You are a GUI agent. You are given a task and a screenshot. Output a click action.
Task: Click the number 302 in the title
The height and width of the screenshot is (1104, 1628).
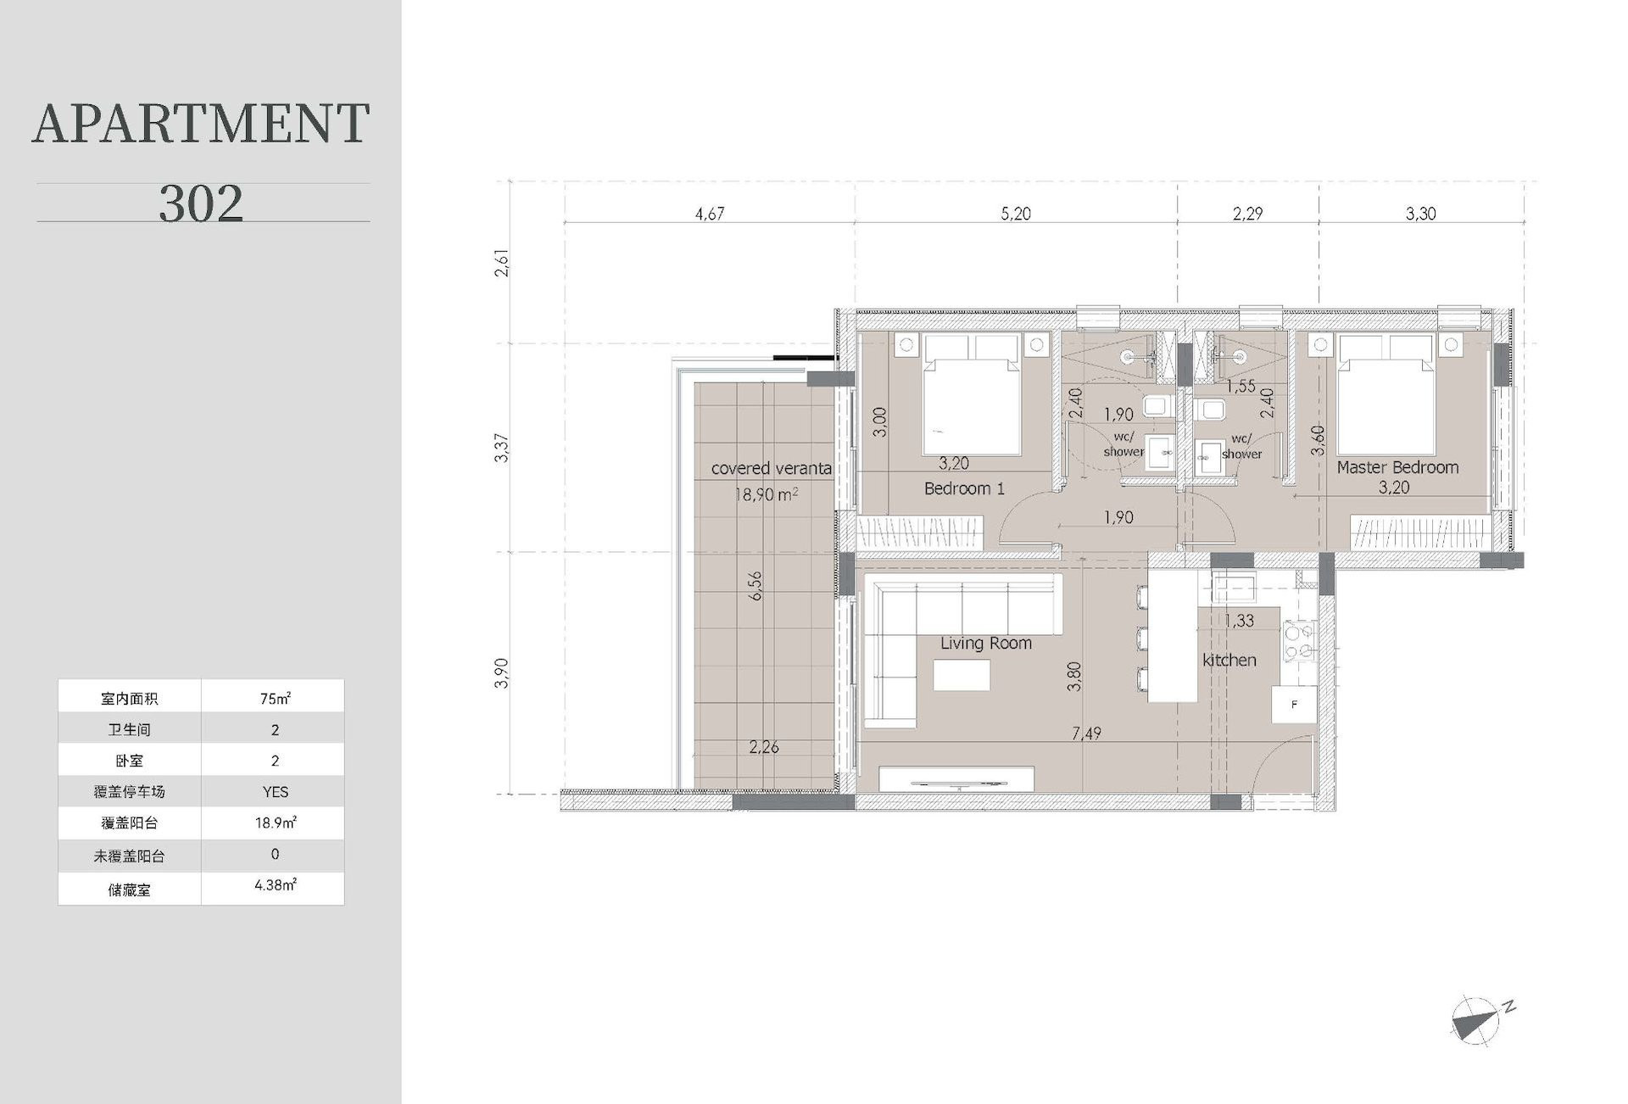coord(201,204)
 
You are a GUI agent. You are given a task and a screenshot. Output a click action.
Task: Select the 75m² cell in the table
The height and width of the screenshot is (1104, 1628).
coord(275,698)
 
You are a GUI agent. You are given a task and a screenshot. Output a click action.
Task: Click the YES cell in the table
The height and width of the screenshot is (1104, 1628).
coord(275,792)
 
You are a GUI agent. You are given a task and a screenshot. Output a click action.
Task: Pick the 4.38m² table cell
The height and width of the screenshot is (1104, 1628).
coord(275,886)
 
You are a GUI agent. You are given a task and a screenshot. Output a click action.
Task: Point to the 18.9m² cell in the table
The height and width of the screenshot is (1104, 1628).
coord(275,822)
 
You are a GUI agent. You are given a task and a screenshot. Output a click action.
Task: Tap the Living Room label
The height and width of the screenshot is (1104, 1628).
coord(985,644)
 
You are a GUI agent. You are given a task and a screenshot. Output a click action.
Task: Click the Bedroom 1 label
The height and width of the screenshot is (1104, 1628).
coord(964,488)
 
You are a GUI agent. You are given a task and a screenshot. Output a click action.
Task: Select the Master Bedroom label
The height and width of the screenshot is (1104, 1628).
coord(1397,467)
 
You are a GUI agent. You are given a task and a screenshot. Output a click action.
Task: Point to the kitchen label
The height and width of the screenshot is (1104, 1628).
coord(1229,660)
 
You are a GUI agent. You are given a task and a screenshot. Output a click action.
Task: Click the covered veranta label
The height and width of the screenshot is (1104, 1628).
coord(771,468)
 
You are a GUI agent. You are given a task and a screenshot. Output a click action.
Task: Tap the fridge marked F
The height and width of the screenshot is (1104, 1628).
coord(1294,704)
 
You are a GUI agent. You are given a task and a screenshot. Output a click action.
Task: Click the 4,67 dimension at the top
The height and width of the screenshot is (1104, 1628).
coord(710,214)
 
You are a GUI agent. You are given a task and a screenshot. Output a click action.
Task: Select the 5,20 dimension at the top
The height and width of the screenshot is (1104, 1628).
coord(1016,214)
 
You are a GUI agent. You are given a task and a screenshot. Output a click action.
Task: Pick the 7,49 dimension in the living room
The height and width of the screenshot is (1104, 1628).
coord(1086,733)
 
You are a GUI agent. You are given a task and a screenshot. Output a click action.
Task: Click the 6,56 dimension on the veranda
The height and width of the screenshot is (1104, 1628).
coord(755,585)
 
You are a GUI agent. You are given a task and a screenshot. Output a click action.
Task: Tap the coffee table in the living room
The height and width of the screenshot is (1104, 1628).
coord(962,675)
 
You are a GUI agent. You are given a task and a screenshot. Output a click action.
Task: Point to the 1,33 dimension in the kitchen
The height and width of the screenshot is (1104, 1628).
coord(1239,621)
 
